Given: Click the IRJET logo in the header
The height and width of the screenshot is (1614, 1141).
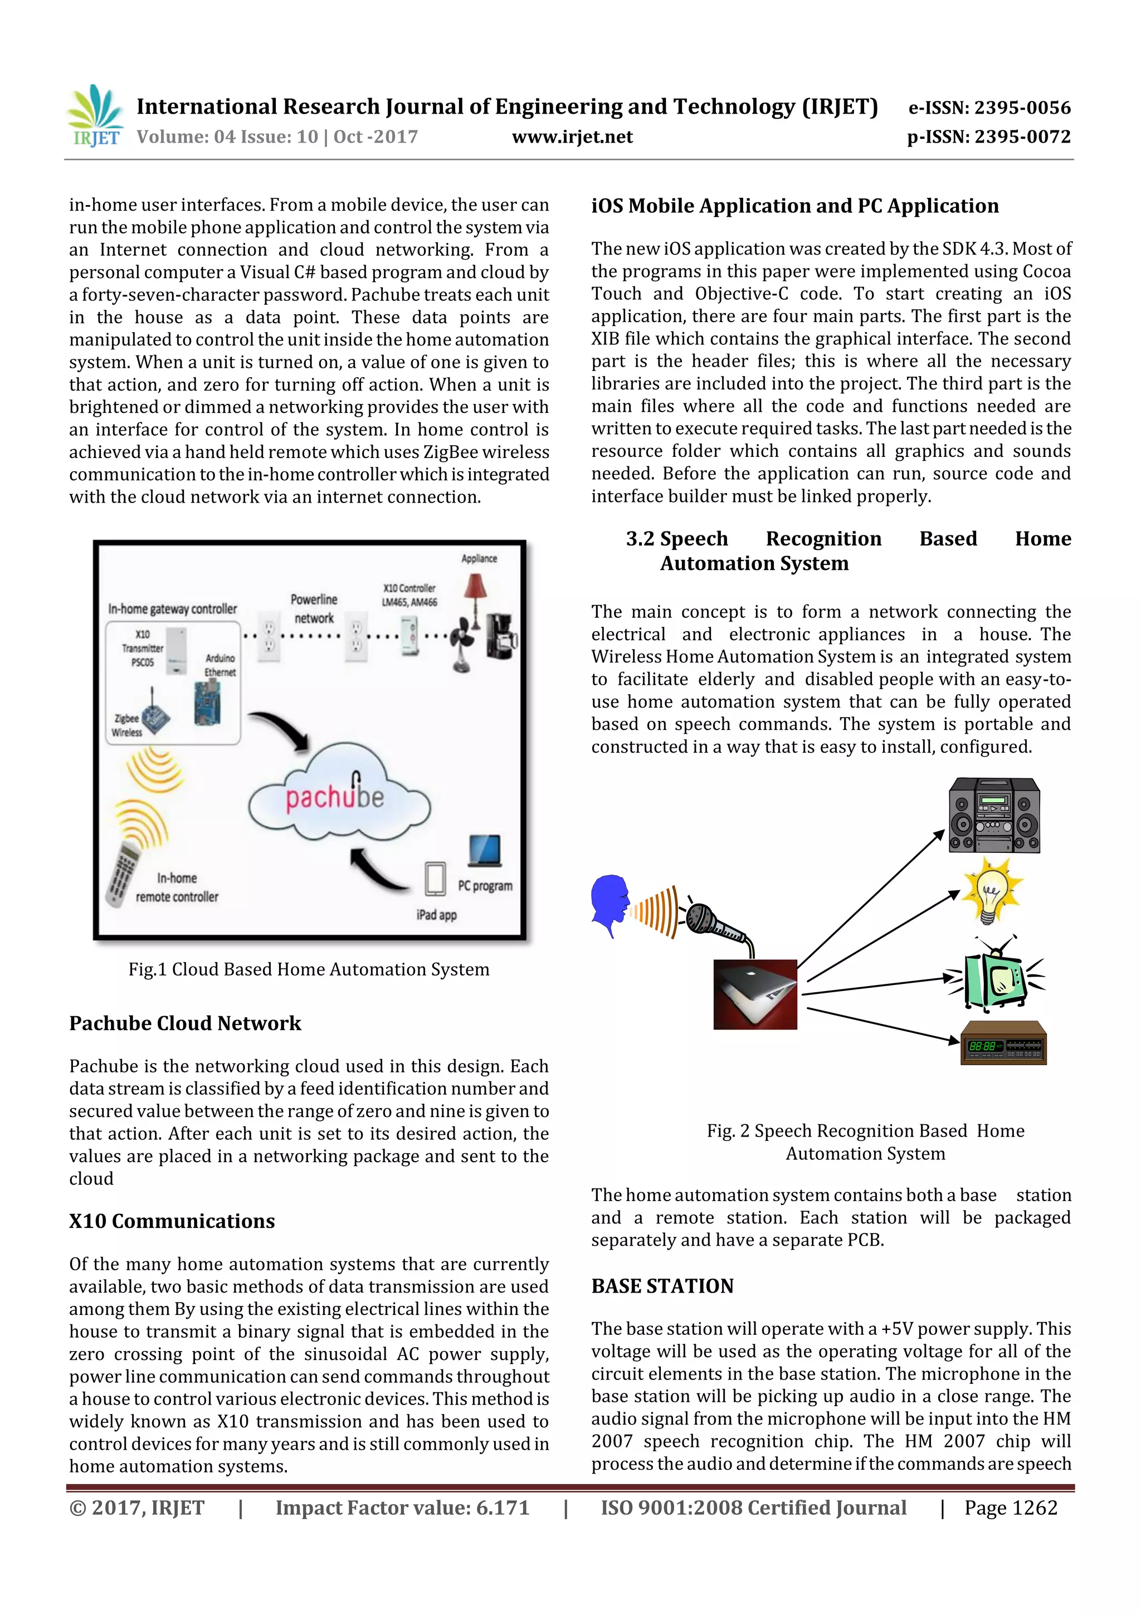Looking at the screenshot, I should [95, 116].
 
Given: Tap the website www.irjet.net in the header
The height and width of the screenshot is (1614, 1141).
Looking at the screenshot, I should [572, 137].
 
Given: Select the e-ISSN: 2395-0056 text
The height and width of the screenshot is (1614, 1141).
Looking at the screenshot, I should [989, 108].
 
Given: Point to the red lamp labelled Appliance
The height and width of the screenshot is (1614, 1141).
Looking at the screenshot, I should [476, 590].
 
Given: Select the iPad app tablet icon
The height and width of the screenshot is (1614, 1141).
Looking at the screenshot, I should [435, 879].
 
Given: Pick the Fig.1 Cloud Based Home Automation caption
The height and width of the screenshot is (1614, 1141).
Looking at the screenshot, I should [309, 969].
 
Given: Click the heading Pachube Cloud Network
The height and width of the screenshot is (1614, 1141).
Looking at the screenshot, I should [185, 1023].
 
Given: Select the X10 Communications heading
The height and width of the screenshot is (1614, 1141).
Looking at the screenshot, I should [172, 1221].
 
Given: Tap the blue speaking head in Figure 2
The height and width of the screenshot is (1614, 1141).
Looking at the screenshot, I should [609, 903].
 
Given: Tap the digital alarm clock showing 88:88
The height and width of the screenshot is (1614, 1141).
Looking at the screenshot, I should [1003, 1042].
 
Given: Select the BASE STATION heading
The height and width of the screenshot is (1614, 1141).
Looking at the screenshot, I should [662, 1286].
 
